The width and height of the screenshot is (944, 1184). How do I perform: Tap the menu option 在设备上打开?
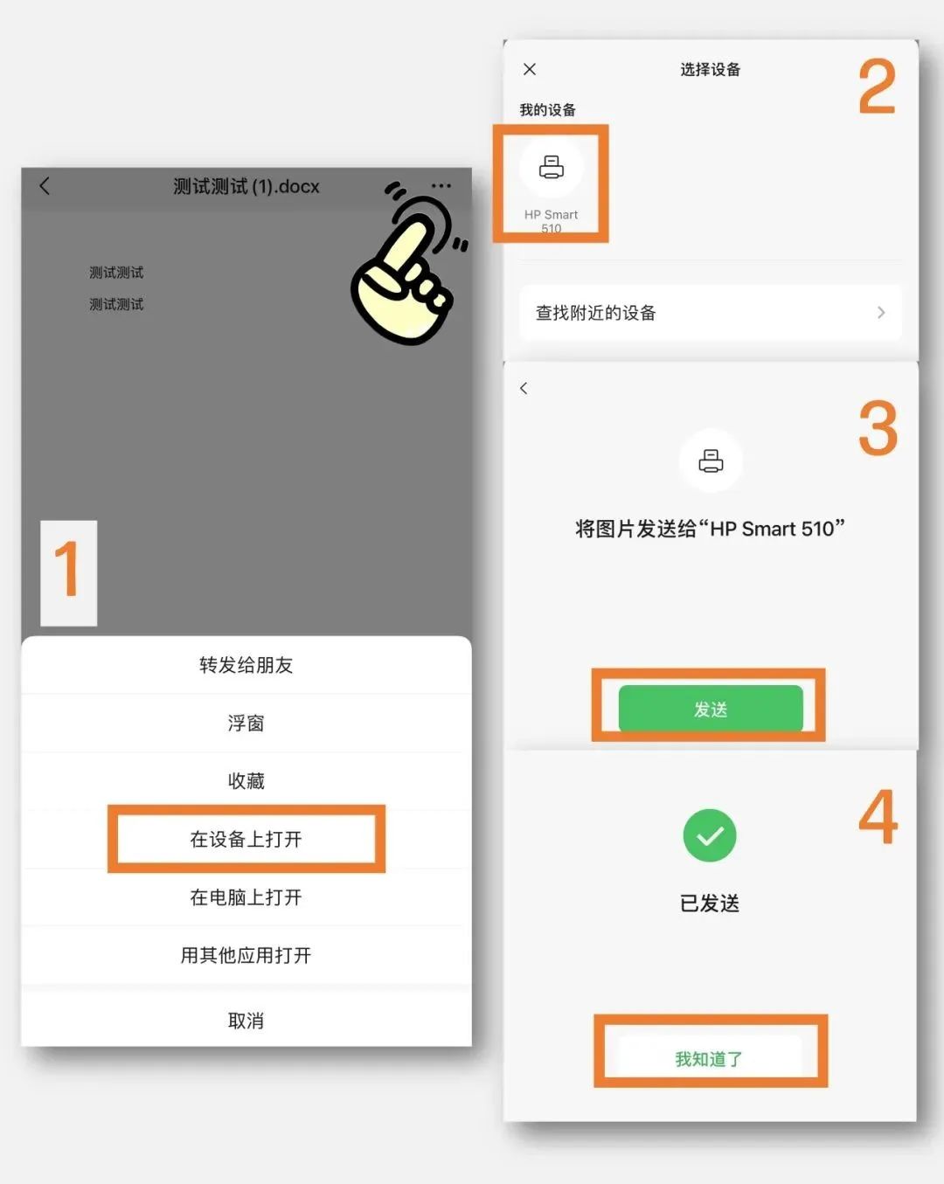click(x=246, y=839)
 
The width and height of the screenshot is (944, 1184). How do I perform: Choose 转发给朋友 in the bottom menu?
click(x=246, y=665)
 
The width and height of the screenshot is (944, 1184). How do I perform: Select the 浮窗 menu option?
click(x=246, y=723)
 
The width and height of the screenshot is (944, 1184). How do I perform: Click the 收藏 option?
click(x=246, y=780)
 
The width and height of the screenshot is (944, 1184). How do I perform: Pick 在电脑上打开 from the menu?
click(x=246, y=897)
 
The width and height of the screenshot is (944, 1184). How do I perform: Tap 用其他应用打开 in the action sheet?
click(x=246, y=955)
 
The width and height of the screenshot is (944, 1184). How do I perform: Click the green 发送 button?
click(x=710, y=709)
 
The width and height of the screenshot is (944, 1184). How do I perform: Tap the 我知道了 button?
click(x=709, y=1059)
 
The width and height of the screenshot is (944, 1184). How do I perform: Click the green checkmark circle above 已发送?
click(x=710, y=835)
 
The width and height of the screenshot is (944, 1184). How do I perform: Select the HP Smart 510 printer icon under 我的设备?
click(x=551, y=167)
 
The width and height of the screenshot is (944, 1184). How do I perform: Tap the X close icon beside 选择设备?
click(x=530, y=69)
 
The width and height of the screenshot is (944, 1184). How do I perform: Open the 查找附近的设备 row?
click(x=710, y=313)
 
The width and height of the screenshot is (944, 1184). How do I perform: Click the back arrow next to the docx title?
click(x=45, y=185)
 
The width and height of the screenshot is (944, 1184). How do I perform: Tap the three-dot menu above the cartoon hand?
click(x=441, y=185)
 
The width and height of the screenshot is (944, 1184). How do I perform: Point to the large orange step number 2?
click(x=877, y=87)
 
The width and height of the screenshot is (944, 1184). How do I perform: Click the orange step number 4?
click(x=878, y=817)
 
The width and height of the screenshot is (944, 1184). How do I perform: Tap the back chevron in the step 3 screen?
click(x=524, y=388)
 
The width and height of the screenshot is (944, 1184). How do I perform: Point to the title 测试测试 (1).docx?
click(x=246, y=186)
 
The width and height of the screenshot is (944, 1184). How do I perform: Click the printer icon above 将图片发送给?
click(x=711, y=460)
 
